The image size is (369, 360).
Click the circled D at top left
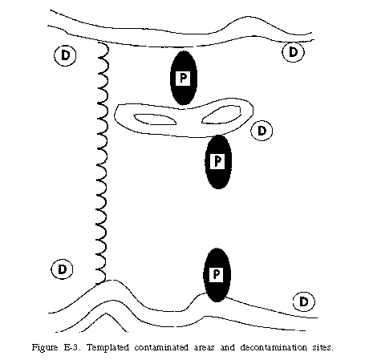[65, 55]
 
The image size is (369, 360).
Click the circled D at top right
[293, 51]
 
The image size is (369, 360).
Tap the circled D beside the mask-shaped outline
[262, 131]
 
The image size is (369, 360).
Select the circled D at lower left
[62, 269]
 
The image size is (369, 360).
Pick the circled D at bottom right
[304, 301]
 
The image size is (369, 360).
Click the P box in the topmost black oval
[183, 78]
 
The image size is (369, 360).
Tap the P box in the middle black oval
[218, 161]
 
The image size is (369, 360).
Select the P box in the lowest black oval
[217, 274]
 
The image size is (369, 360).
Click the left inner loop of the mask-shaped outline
[155, 119]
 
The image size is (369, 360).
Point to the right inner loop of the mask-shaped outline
[221, 115]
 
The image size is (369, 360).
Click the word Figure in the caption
[45, 348]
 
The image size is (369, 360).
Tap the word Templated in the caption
[108, 347]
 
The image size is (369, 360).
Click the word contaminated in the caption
[162, 347]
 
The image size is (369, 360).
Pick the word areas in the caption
[205, 348]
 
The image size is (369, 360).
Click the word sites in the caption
[323, 347]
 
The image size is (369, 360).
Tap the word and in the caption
[228, 347]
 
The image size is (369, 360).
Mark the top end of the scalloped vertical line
[99, 42]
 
